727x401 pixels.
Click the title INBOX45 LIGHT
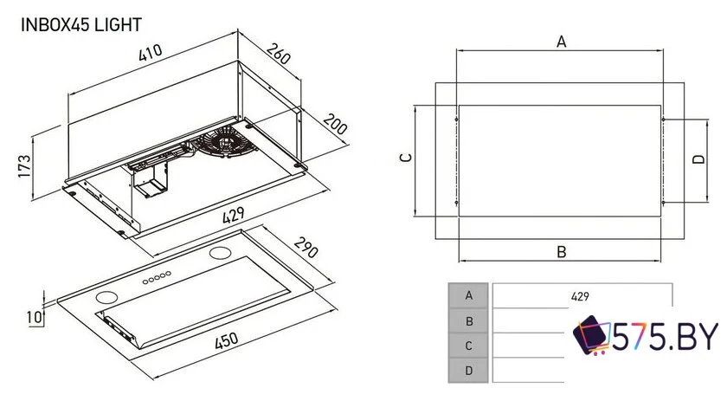tap(80, 25)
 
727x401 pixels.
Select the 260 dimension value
tap(280, 56)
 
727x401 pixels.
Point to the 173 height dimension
tap(24, 165)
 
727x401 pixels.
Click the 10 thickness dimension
tap(33, 318)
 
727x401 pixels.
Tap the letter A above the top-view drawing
tap(561, 42)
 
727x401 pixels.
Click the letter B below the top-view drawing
tap(561, 252)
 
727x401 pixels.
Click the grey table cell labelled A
tap(469, 295)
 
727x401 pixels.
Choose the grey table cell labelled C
tap(469, 345)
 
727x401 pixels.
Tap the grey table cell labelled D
tap(469, 370)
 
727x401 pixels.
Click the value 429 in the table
tap(580, 295)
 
